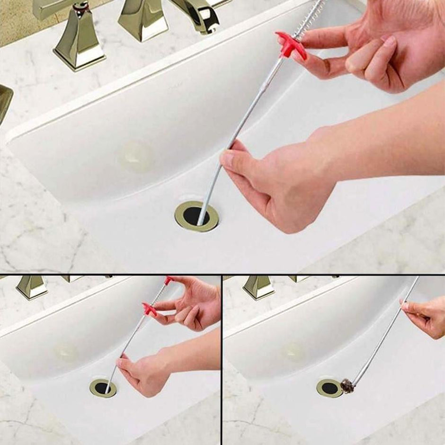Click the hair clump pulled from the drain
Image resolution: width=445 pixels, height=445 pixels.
click(x=347, y=386)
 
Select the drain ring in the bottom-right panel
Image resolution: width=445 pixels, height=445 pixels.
click(x=329, y=388)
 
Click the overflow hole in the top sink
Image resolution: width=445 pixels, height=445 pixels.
click(x=136, y=157)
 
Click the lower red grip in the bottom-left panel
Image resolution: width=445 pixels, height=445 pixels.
click(x=150, y=310)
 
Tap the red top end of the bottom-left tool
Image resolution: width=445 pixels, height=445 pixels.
click(x=169, y=280)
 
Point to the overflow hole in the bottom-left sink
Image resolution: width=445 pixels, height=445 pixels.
click(x=66, y=351)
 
